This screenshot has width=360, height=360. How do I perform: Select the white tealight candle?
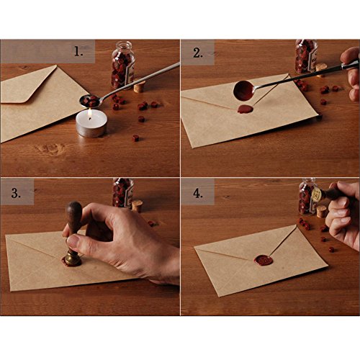[91, 125]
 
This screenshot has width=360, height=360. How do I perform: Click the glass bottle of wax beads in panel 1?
[122, 65]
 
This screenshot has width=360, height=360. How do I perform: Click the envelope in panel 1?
[36, 101]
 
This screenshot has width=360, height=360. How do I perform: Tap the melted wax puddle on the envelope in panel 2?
[246, 109]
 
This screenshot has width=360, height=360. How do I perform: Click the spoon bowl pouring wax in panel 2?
[244, 90]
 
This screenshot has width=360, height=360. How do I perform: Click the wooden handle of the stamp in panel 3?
[74, 220]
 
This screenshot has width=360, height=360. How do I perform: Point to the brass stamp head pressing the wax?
[73, 256]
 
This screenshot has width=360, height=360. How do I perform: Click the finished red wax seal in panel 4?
[264, 258]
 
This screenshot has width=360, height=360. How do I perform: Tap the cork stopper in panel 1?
[139, 86]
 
